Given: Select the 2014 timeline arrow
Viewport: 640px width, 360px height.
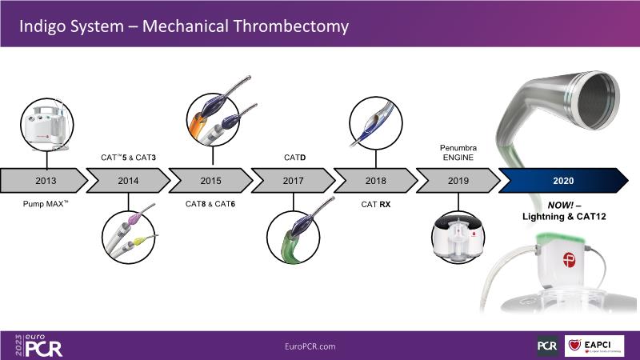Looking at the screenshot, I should (128, 181).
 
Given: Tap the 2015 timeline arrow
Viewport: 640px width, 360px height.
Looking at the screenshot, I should (211, 181).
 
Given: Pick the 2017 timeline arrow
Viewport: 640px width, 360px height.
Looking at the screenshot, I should (293, 181).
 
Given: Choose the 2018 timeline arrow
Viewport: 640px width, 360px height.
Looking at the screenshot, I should (375, 181).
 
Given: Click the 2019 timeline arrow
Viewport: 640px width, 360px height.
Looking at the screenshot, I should (458, 181).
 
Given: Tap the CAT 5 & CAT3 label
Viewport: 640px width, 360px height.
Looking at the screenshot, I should (127, 158).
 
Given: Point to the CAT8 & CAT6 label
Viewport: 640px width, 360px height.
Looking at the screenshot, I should (211, 205).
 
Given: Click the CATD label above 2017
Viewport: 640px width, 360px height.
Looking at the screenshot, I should (293, 158).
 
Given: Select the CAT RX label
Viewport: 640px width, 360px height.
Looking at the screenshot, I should (375, 205).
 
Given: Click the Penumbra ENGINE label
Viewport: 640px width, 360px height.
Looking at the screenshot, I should (458, 153).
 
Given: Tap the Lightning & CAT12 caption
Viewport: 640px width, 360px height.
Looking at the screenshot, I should (565, 211).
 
